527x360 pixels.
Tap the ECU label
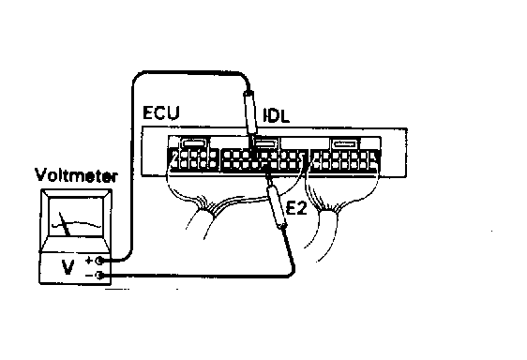(160, 114)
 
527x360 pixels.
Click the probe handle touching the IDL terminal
(251, 111)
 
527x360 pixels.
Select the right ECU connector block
(344, 160)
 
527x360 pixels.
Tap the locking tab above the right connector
(344, 143)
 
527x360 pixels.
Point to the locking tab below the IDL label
(266, 143)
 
